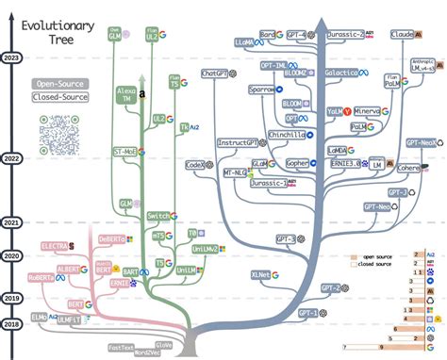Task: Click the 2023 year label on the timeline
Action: [14, 57]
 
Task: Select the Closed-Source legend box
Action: [59, 97]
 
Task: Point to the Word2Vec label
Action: [151, 353]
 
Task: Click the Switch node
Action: [157, 217]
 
